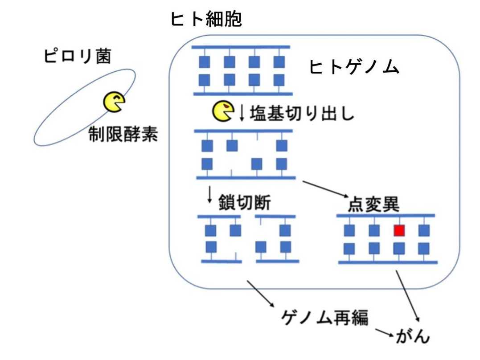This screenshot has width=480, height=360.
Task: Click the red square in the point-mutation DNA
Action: click(399, 230)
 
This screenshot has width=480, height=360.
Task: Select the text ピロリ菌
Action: click(77, 57)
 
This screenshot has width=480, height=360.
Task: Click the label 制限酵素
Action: click(123, 135)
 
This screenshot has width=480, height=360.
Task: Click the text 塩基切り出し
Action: click(302, 113)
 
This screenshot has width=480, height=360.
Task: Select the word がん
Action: click(413, 336)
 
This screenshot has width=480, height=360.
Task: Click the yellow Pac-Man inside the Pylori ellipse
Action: click(114, 102)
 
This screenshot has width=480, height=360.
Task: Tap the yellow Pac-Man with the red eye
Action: click(223, 111)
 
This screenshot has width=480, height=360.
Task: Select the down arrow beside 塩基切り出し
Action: click(242, 113)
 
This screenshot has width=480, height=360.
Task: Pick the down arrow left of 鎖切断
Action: click(209, 195)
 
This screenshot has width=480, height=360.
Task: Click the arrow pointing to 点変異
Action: click(326, 189)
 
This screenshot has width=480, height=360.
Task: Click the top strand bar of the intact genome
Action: click(241, 47)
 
